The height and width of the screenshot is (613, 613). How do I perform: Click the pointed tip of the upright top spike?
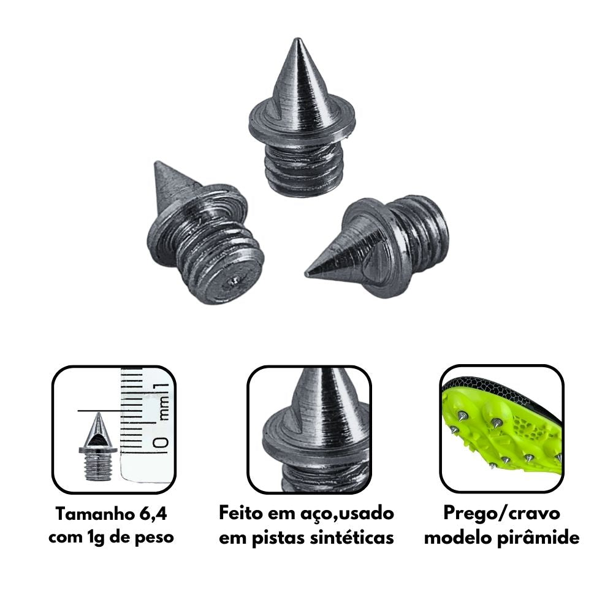297,39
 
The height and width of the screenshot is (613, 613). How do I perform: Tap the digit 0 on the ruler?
161,443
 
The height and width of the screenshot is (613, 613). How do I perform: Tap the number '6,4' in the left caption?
153,514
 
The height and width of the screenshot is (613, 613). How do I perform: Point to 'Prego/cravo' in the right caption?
501,514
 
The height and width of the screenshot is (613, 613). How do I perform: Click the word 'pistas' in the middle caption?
278,538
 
